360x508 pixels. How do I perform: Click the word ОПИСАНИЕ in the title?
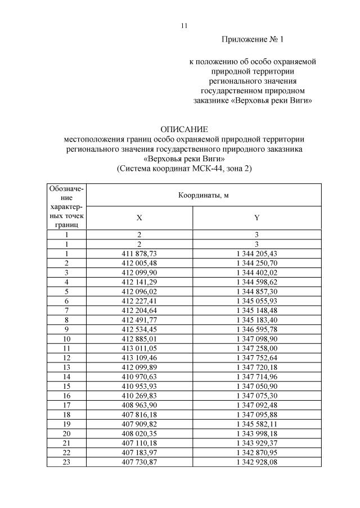(184, 129)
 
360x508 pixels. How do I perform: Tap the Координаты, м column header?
(204, 195)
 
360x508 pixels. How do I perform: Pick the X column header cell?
(140, 217)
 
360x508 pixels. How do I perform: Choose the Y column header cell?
(256, 217)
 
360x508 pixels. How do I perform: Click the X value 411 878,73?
(140, 254)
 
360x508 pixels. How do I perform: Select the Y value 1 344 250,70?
(256, 262)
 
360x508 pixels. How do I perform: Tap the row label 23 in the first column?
(67, 461)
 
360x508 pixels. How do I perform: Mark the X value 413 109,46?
(140, 357)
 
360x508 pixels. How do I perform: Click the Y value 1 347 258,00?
(256, 348)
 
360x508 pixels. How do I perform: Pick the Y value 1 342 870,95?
(256, 452)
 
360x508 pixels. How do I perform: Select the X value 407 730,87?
(140, 461)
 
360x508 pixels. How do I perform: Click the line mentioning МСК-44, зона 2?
(184, 168)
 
